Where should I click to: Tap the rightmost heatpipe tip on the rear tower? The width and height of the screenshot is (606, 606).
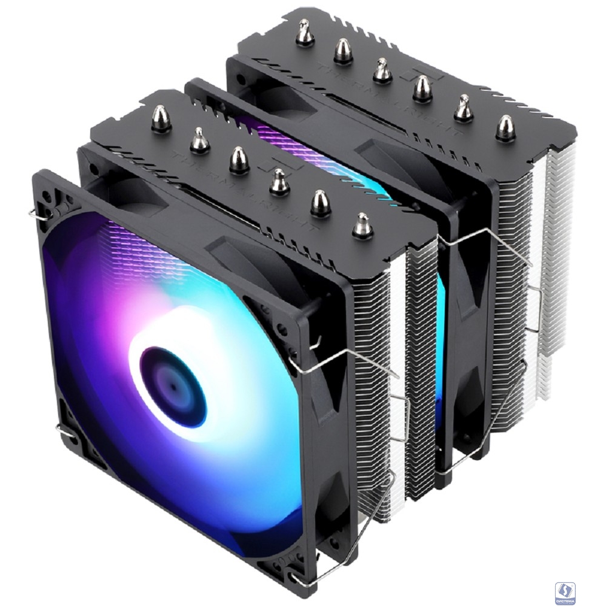tap(505, 128)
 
